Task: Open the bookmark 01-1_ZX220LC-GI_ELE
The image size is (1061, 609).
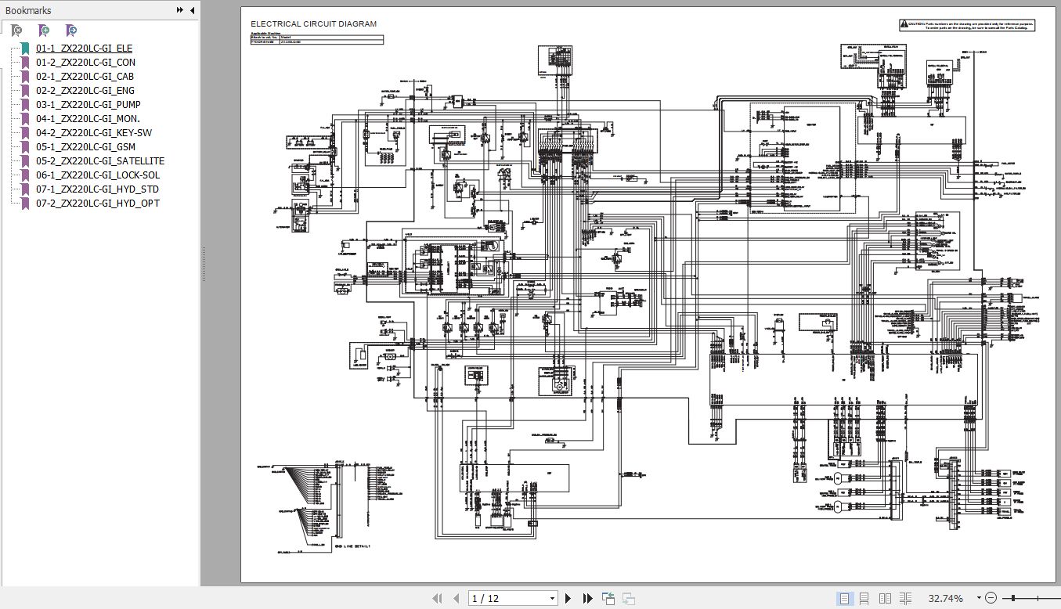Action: [x=84, y=49]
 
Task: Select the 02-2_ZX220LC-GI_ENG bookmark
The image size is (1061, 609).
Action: [x=85, y=91]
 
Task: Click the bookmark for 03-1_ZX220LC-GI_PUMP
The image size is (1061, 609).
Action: [x=88, y=105]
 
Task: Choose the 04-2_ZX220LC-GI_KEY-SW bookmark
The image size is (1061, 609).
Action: [x=93, y=133]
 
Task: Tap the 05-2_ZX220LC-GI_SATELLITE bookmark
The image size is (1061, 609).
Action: [x=99, y=161]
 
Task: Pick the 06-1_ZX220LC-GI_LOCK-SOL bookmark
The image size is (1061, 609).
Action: [x=97, y=175]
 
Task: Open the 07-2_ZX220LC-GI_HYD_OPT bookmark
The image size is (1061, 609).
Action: [x=97, y=204]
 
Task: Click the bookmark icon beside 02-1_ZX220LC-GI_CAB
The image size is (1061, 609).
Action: [x=26, y=77]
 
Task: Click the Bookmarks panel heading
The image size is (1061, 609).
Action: [x=28, y=10]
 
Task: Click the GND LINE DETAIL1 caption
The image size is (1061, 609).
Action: [x=352, y=546]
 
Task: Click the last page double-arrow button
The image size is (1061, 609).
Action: [x=588, y=599]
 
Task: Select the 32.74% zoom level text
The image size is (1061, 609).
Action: [x=945, y=599]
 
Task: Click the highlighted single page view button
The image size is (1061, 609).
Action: [x=845, y=599]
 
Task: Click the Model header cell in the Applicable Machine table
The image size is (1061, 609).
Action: [x=285, y=36]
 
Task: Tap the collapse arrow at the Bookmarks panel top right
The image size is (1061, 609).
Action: [x=193, y=10]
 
